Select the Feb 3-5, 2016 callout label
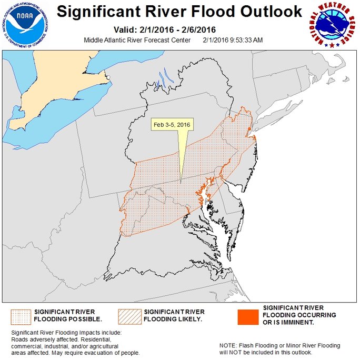[171, 125]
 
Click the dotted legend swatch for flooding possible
[20, 315]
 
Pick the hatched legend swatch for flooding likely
[129, 315]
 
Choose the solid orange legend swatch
[247, 315]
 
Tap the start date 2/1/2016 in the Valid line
[164, 30]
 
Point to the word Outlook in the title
[273, 12]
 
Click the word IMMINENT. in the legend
[297, 322]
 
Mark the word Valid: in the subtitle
[127, 30]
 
